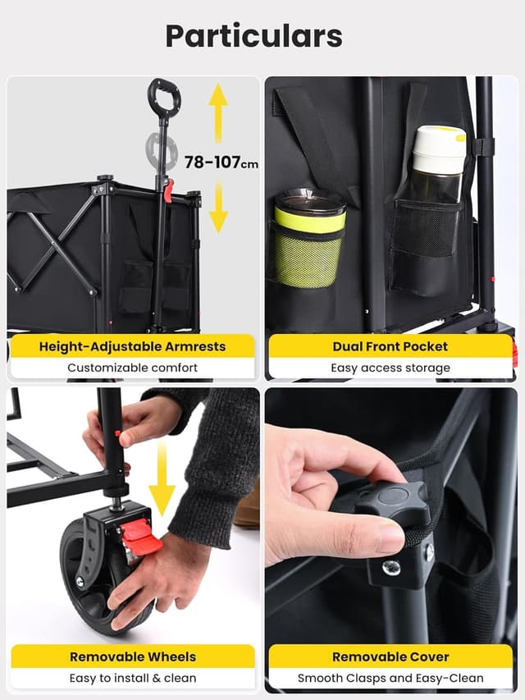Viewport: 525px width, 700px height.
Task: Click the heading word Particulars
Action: [253, 36]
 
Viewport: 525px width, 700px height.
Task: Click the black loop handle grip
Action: [164, 96]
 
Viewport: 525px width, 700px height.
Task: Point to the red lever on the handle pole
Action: [168, 190]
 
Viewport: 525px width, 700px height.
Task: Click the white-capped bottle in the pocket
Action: [437, 164]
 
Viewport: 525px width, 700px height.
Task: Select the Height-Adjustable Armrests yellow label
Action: [132, 345]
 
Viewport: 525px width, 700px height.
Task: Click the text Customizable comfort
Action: [132, 368]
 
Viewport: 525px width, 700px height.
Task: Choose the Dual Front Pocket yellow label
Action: [390, 345]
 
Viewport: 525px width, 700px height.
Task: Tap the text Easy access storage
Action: [390, 368]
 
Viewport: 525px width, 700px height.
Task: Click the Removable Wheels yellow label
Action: [132, 657]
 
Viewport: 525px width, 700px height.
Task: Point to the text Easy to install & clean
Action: [132, 678]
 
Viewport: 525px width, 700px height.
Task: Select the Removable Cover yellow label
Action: [390, 657]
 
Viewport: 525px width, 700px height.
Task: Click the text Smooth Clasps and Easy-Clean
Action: [390, 678]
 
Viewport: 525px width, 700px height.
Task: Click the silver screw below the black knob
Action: [392, 566]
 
